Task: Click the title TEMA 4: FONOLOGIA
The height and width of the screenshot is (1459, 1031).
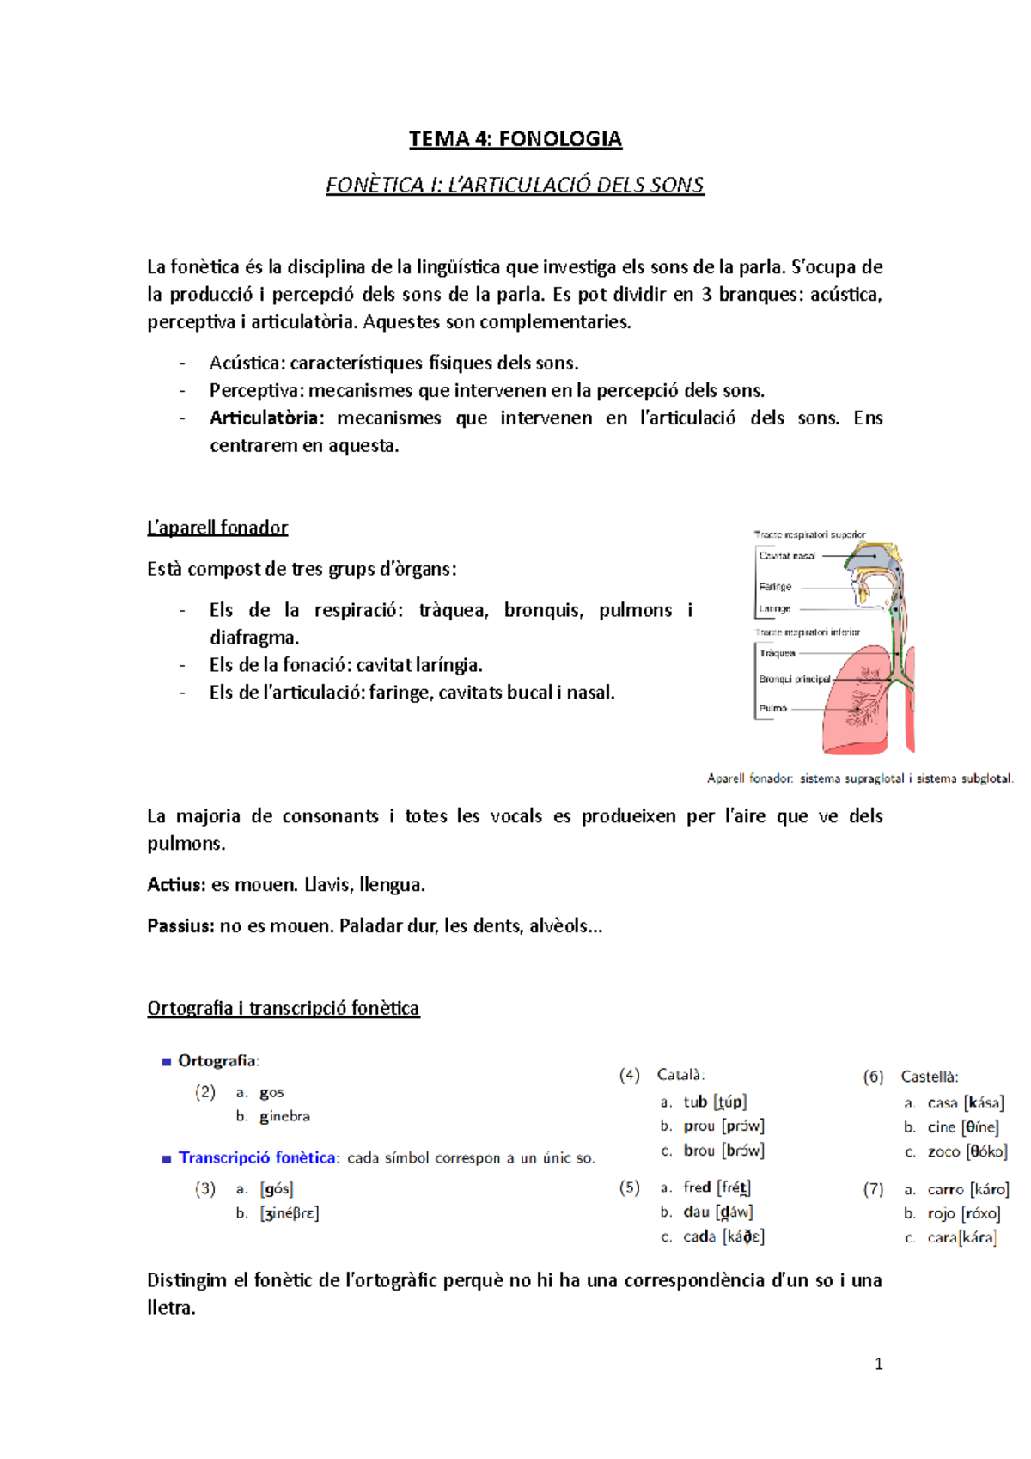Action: (x=515, y=139)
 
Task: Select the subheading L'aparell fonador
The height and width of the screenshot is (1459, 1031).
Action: (x=217, y=528)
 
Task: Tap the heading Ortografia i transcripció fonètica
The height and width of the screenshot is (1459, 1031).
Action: (x=283, y=1008)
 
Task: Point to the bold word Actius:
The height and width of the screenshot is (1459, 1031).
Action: (x=176, y=885)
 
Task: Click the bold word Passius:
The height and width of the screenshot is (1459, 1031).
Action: (x=180, y=926)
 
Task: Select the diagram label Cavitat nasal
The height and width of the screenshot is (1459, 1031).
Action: (x=787, y=556)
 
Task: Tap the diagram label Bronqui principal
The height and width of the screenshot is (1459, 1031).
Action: (x=794, y=679)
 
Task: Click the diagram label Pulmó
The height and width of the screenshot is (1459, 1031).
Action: (x=772, y=709)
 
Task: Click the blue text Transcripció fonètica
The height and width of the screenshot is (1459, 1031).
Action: (x=257, y=1158)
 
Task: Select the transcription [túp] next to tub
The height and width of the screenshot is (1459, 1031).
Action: (x=729, y=1102)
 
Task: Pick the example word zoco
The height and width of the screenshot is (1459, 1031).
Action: (x=943, y=1152)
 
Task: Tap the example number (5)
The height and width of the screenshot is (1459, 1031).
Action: (x=629, y=1187)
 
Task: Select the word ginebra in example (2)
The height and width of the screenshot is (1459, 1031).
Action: (x=284, y=1117)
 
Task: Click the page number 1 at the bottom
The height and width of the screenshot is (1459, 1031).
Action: (x=878, y=1364)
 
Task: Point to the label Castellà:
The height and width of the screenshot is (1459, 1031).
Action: (x=929, y=1077)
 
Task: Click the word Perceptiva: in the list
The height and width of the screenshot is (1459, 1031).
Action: (x=257, y=391)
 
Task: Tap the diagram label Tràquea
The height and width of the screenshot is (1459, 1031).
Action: (x=777, y=653)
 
